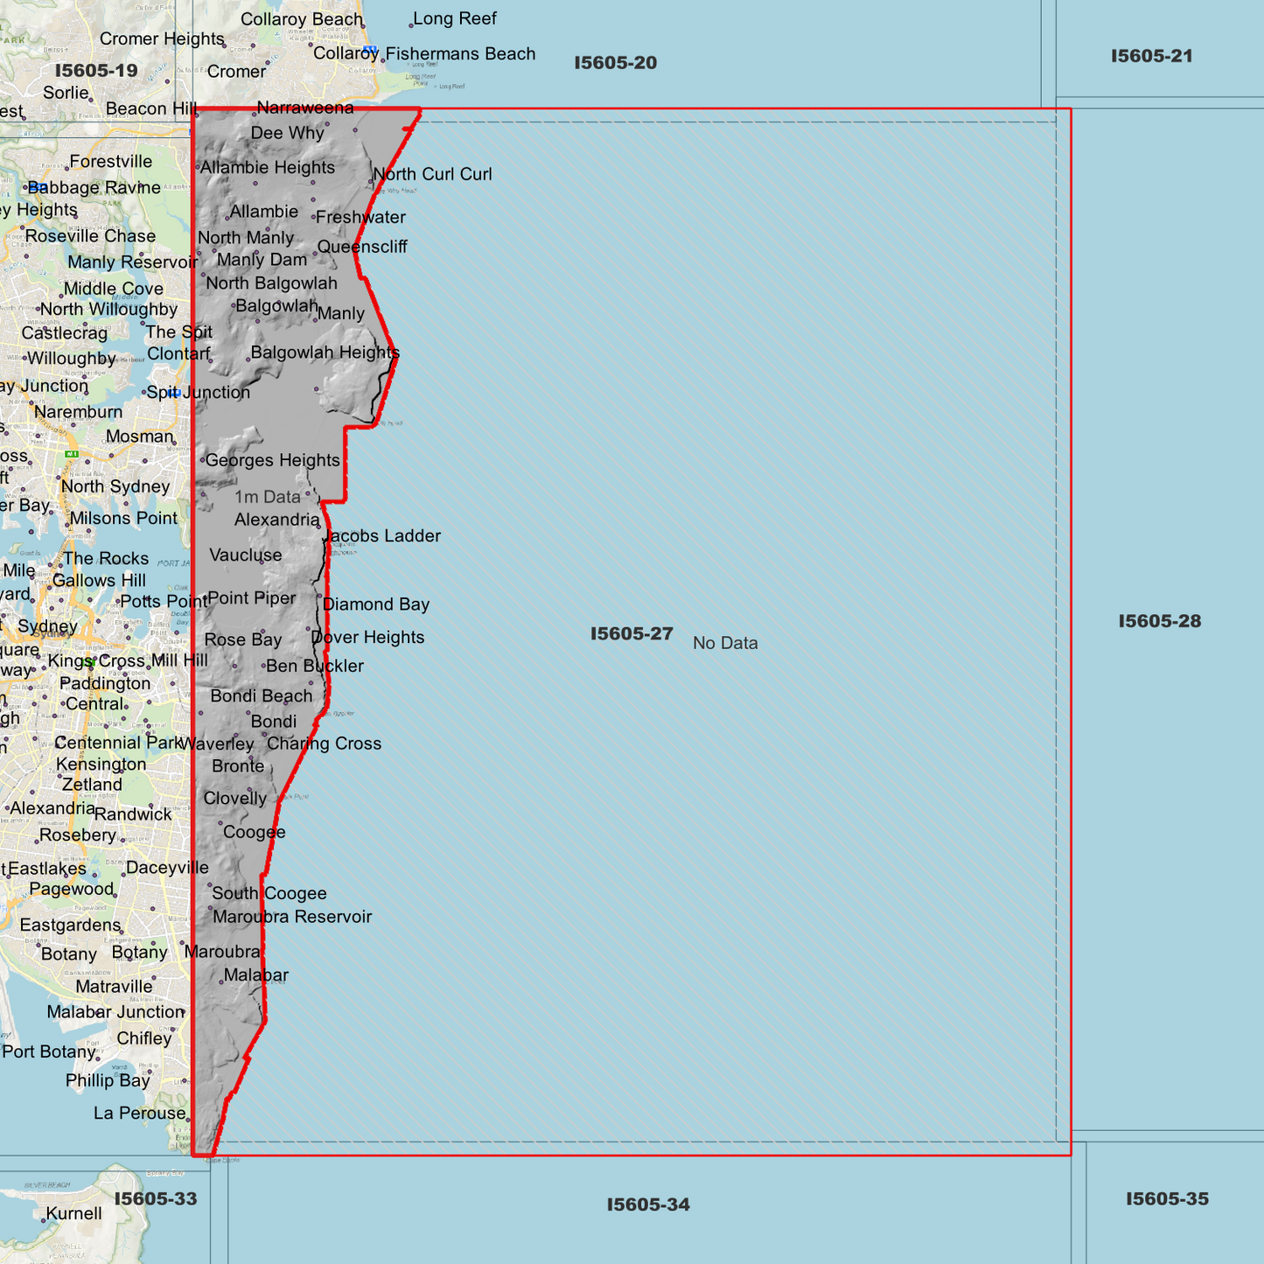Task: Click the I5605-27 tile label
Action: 632,634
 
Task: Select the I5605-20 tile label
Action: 615,63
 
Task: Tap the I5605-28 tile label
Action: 1159,622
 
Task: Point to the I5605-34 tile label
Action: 648,1205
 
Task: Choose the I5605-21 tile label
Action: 1151,57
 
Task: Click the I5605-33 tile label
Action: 156,1199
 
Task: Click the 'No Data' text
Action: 725,644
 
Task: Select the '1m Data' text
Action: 267,497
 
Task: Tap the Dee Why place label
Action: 287,133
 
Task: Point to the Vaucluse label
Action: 246,555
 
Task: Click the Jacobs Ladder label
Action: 383,536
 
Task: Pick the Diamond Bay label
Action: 376,604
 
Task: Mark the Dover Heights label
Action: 368,638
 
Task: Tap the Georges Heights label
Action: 272,461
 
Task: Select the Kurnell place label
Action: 73,1214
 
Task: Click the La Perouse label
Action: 140,1114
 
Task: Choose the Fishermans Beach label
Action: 460,54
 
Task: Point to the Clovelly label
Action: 234,799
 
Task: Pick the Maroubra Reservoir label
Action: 292,918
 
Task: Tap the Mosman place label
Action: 140,436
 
